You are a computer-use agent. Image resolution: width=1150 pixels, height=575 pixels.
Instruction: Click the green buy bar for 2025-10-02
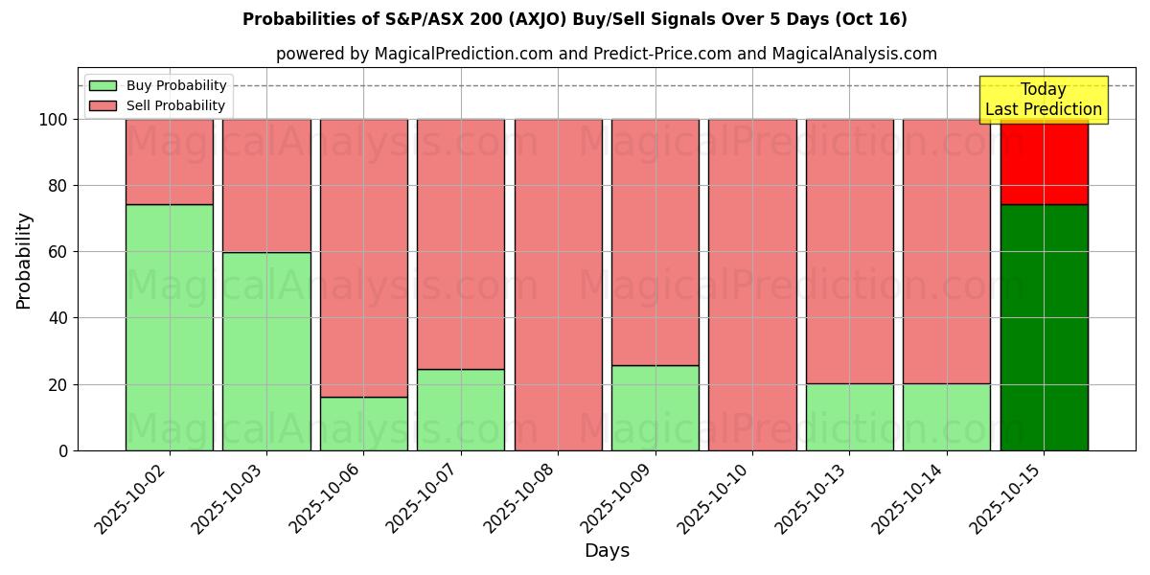170,328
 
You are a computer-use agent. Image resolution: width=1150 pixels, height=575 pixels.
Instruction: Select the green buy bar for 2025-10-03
266,351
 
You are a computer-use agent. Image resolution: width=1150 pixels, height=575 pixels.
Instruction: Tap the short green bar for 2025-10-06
363,424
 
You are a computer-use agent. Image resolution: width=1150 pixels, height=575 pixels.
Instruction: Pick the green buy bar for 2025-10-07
461,409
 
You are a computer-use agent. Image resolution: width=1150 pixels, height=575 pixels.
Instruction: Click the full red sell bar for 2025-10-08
558,285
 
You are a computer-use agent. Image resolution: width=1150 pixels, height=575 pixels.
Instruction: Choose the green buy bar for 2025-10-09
655,407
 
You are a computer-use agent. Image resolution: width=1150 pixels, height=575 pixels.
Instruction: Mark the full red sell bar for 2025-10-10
752,285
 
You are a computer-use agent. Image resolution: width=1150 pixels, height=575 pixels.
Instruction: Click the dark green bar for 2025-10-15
1044,328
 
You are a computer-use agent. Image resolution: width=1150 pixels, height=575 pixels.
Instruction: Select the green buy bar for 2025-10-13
849,417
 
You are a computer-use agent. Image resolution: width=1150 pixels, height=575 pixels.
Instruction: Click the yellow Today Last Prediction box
1044,100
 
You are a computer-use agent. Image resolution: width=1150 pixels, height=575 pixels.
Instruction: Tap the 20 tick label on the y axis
59,384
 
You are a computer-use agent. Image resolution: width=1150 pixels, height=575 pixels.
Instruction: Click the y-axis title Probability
24,261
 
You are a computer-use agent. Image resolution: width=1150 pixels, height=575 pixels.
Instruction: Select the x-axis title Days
607,551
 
